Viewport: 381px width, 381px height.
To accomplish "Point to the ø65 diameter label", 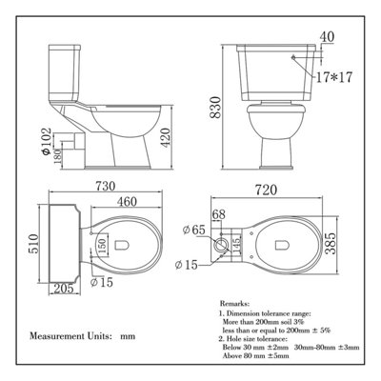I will [x=215, y=231].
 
